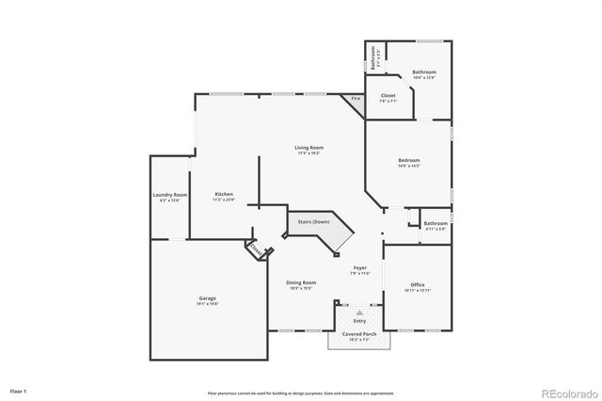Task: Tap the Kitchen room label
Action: point(222,195)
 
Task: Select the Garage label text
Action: point(207,298)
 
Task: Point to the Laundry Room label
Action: point(170,195)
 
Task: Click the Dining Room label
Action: point(302,282)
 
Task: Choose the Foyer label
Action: point(360,268)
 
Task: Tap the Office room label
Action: point(418,284)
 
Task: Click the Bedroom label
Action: point(408,160)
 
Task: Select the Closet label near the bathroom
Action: point(388,96)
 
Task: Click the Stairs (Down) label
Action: point(313,221)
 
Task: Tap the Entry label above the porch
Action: point(359,321)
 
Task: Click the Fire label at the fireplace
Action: point(356,98)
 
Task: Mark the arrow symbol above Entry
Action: point(358,312)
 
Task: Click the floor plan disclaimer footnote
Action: point(301,393)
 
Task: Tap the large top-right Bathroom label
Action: point(424,72)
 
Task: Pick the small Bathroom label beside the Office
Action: point(436,223)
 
